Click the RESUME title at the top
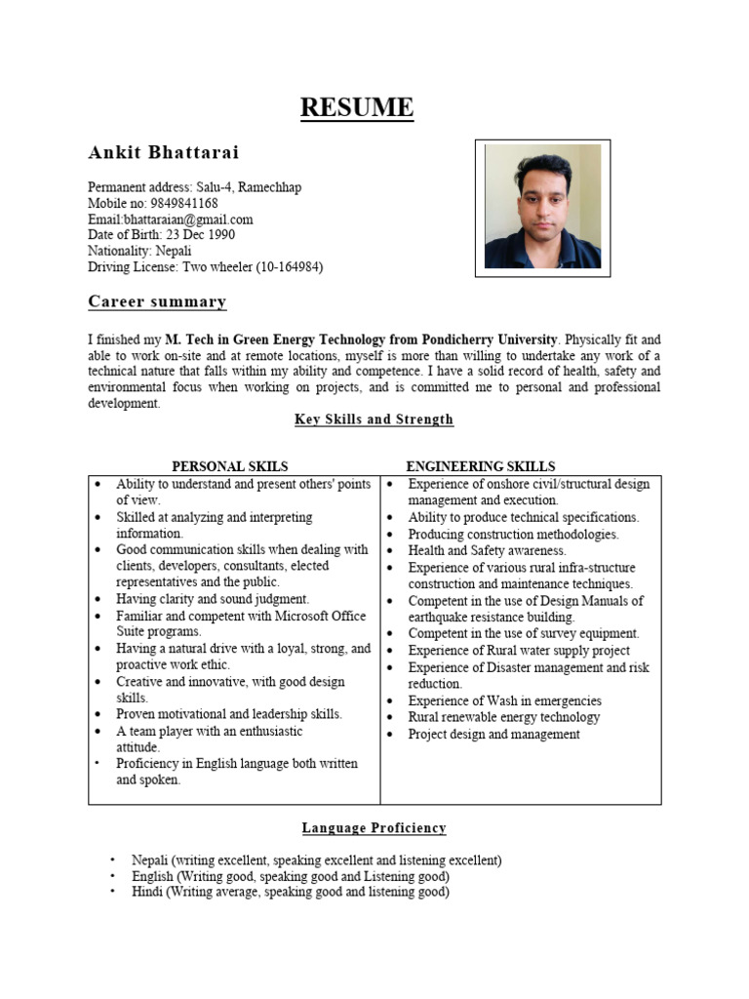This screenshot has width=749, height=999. (356, 107)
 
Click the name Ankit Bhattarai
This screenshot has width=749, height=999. (163, 153)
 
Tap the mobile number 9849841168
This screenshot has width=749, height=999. (184, 204)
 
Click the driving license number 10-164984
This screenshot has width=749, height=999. (289, 266)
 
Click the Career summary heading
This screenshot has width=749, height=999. (157, 301)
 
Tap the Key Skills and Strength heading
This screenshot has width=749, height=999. (374, 420)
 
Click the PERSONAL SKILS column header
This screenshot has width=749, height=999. (230, 466)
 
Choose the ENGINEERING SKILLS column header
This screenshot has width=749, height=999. (481, 466)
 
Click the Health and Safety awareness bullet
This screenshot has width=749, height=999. (487, 551)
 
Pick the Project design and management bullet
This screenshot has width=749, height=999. (493, 734)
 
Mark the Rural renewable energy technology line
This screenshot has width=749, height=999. (503, 717)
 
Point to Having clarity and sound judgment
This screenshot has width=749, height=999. (213, 599)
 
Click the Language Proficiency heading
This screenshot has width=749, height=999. (374, 828)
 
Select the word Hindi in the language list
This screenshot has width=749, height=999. (148, 892)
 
